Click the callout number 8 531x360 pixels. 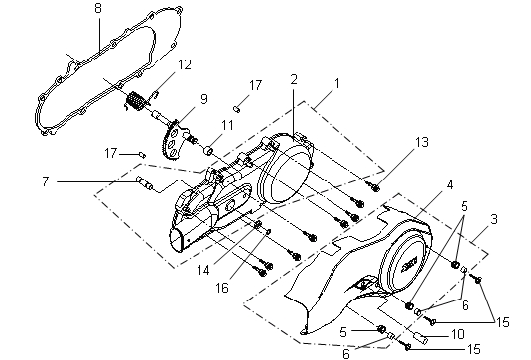98,8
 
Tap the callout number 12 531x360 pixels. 185,64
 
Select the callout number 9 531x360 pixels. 203,99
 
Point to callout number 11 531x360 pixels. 227,125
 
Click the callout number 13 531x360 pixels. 422,142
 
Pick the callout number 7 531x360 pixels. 46,181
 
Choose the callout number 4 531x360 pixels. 449,185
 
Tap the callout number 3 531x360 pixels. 494,219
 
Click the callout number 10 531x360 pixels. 458,334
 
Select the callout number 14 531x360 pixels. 203,270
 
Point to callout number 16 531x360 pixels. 222,288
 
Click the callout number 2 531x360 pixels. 294,80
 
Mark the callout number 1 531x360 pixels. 336,83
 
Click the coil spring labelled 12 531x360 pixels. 136,101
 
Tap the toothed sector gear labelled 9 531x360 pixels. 173,140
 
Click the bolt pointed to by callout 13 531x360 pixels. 374,187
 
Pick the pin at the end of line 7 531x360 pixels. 144,182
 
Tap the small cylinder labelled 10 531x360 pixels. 421,338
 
